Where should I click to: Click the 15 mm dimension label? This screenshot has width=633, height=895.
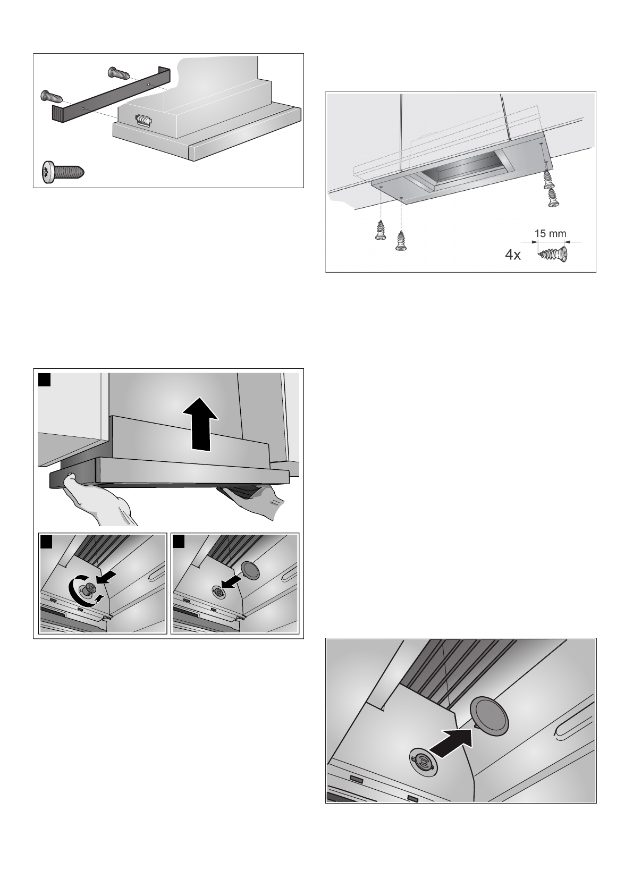point(550,234)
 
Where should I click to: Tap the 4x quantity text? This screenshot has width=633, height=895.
point(513,255)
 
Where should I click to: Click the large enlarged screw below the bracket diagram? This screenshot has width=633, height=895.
point(63,172)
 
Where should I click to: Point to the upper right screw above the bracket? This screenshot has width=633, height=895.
point(119,73)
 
